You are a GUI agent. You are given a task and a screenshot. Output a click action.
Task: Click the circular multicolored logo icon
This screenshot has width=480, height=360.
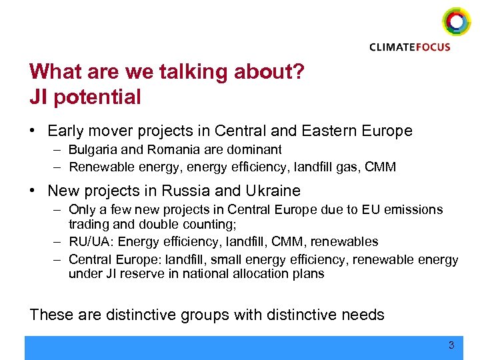(457, 21)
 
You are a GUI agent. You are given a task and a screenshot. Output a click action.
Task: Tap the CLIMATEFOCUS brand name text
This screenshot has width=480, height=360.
(410, 47)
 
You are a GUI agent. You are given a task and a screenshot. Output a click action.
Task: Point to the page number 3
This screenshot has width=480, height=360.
(451, 345)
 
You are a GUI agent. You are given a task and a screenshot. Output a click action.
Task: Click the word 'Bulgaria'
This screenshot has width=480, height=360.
(91, 150)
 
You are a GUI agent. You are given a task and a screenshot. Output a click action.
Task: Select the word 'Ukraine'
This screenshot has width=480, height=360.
(273, 191)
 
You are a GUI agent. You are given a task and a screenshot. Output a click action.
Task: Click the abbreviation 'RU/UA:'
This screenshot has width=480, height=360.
(90, 241)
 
